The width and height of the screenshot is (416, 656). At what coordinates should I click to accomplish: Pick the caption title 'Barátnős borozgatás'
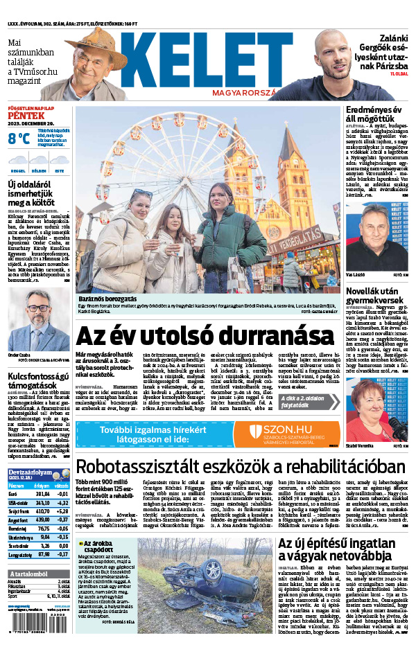tap(104, 298)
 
